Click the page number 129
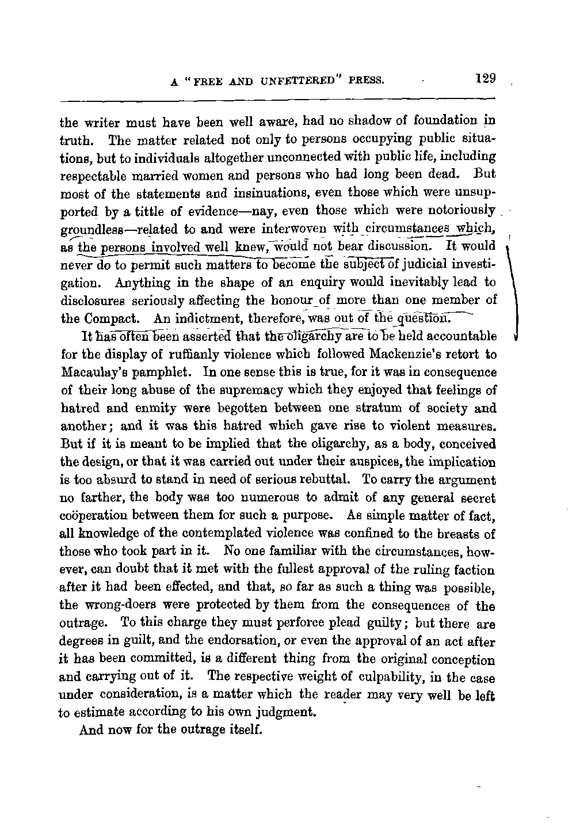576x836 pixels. point(486,78)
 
